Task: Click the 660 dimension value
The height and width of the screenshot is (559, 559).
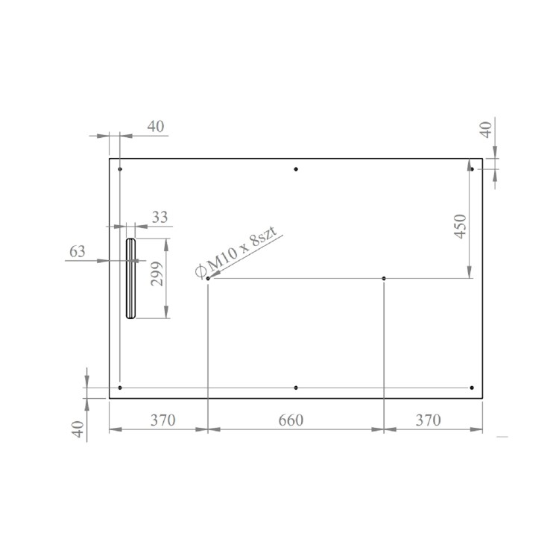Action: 291,420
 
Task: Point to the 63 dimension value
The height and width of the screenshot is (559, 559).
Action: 78,251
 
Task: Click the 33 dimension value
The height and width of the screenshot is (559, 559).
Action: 160,218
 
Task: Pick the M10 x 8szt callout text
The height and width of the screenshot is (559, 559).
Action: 239,252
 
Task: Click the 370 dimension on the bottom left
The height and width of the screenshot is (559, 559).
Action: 162,420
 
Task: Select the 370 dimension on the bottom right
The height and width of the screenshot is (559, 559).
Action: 427,420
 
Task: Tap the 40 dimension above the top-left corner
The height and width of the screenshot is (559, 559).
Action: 155,127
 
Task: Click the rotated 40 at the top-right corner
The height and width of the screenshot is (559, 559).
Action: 485,130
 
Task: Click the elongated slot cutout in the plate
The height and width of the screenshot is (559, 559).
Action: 130,278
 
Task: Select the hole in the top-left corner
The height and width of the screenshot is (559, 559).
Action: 120,169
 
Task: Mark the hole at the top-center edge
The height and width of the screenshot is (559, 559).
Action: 296,169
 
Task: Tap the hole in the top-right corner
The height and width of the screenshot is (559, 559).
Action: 473,169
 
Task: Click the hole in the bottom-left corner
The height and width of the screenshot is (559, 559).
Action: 120,388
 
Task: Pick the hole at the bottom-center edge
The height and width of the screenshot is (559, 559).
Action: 296,388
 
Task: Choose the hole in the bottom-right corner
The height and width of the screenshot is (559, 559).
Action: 473,388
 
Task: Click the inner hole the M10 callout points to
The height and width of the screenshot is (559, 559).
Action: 208,279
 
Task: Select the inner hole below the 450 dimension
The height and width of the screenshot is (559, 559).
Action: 384,279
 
